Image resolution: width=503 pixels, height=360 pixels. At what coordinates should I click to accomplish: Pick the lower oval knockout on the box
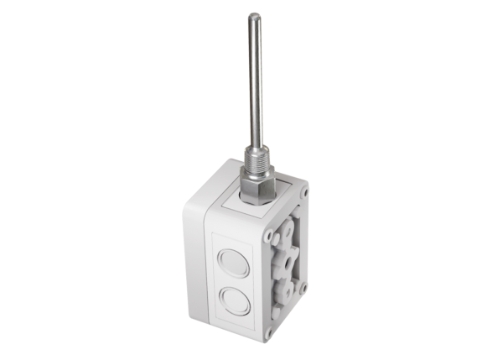(x=236, y=301)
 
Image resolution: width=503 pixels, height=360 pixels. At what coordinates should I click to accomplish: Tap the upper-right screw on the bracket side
(x=303, y=191)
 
